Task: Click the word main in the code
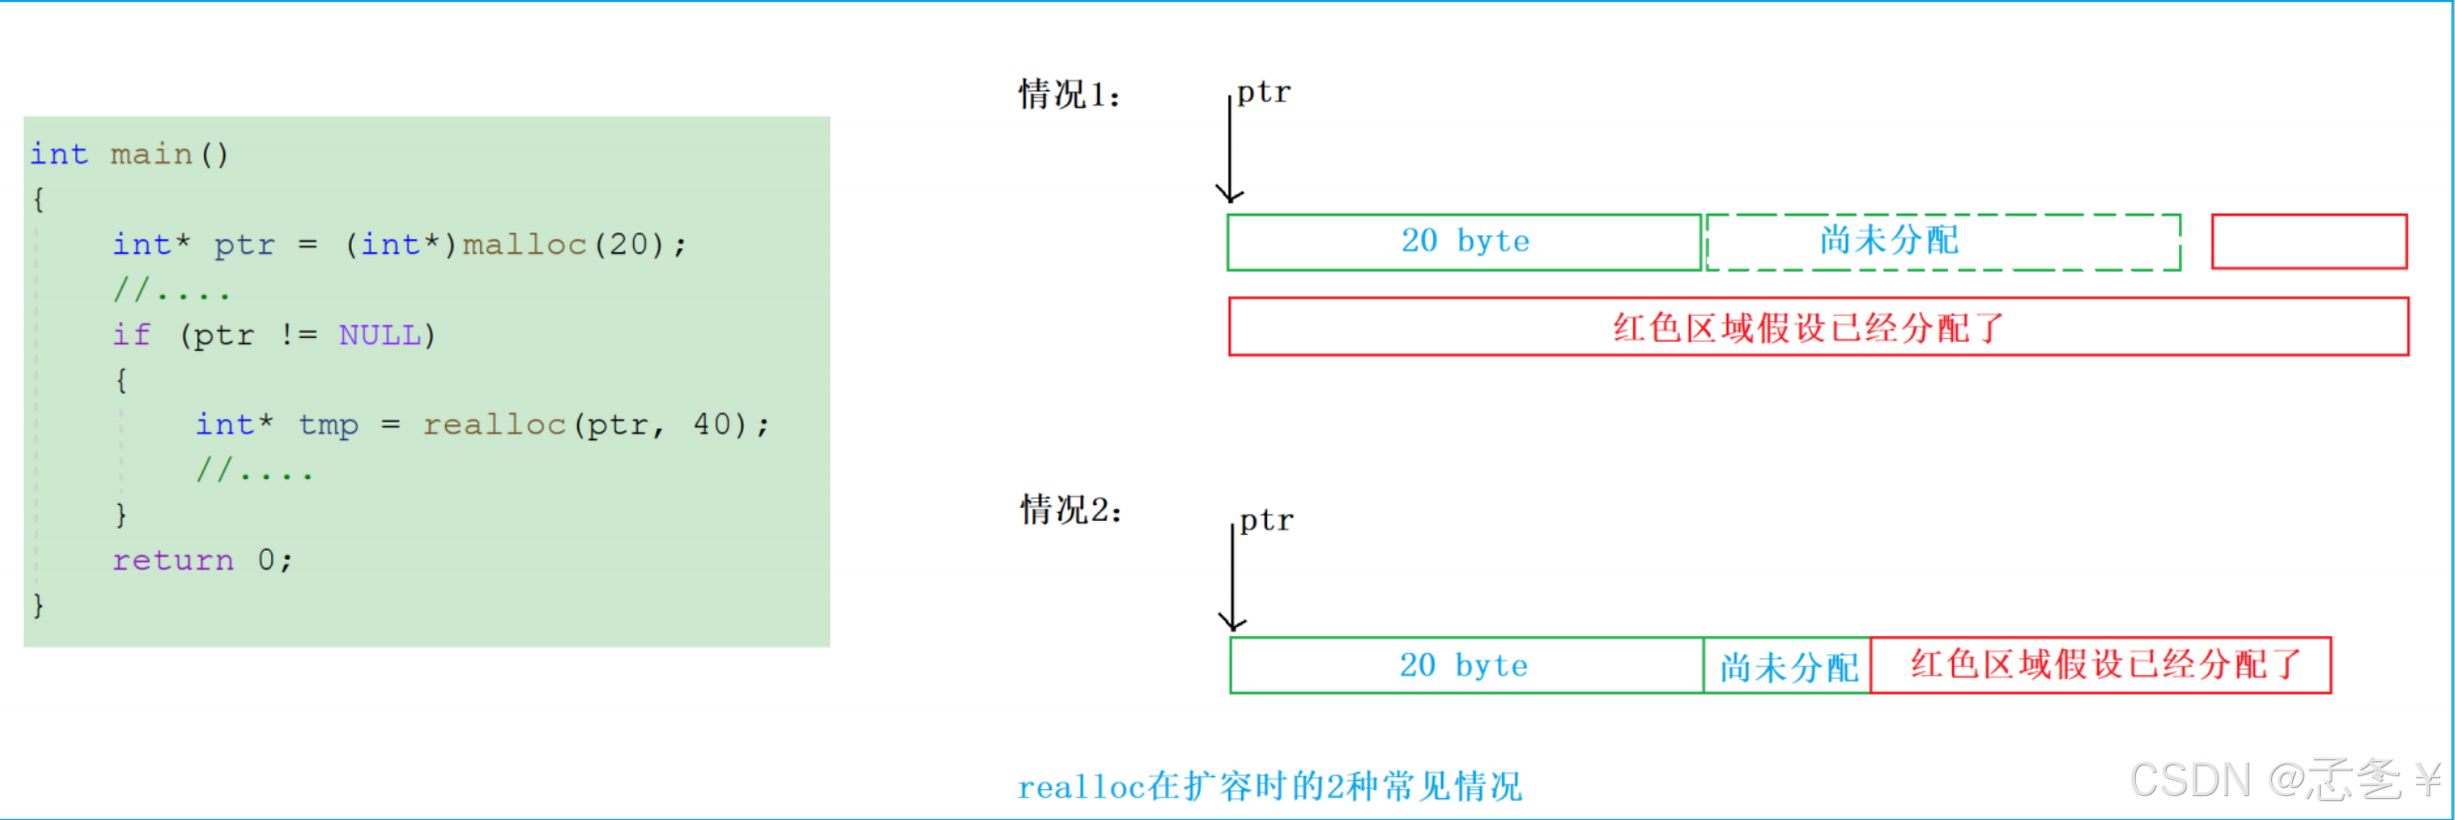coord(151,154)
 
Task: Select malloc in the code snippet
coord(525,245)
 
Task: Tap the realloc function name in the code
coord(494,425)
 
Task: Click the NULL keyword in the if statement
coord(380,335)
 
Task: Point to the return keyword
coord(173,561)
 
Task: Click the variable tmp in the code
coord(328,425)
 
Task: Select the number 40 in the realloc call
coord(713,424)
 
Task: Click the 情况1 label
coord(1069,95)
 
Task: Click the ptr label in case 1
coord(1264,93)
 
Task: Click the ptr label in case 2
coord(1266,522)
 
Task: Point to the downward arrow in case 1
coord(1229,149)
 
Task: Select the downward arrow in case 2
coord(1232,578)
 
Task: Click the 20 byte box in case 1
coord(1465,242)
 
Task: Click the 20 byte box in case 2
coord(1467,665)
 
